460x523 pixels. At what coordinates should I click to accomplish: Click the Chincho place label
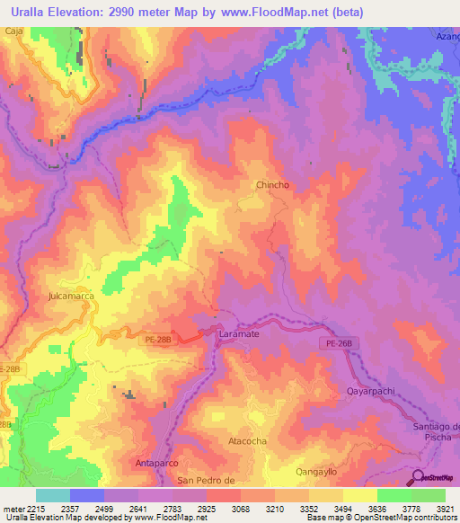click(x=272, y=185)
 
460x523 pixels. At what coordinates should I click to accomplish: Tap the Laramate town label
click(x=238, y=333)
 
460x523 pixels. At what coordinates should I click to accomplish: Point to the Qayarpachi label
click(x=370, y=392)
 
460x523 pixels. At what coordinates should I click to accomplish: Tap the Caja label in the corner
click(x=13, y=31)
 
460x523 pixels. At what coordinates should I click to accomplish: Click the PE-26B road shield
click(x=338, y=344)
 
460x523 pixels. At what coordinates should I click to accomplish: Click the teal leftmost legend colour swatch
click(x=52, y=495)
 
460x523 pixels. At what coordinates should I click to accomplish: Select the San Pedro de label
click(x=206, y=481)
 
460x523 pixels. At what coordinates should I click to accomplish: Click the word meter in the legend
click(x=13, y=508)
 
